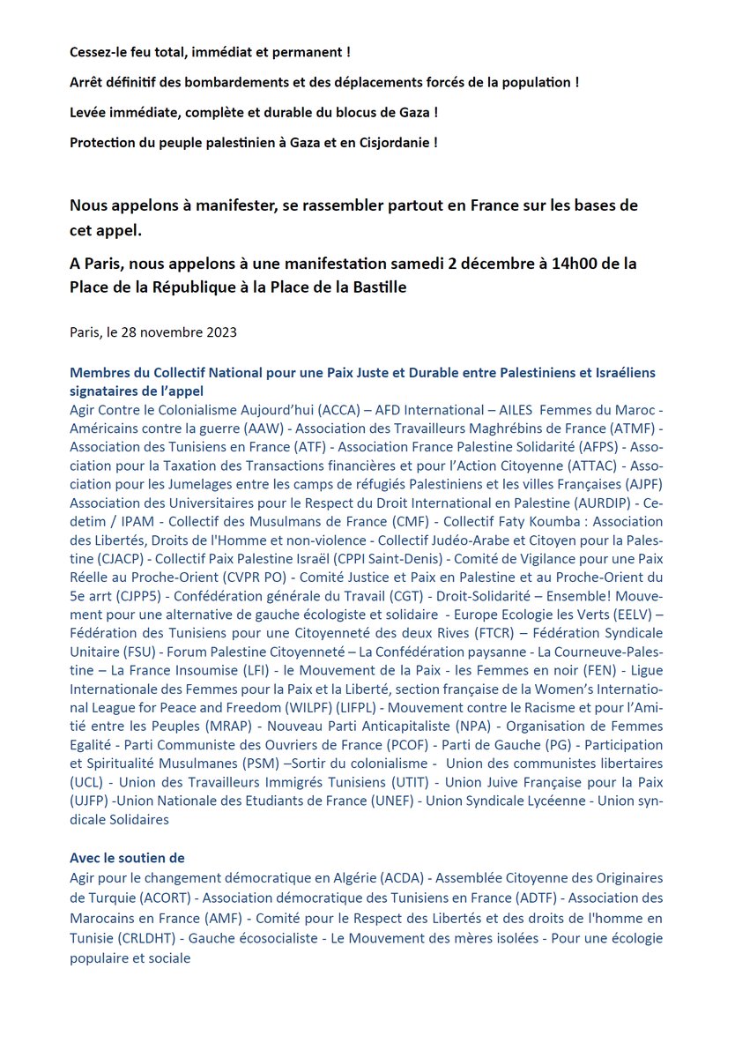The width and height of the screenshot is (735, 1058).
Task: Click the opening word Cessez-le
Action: (x=100, y=53)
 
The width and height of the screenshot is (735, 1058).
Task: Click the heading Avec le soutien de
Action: (x=127, y=858)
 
